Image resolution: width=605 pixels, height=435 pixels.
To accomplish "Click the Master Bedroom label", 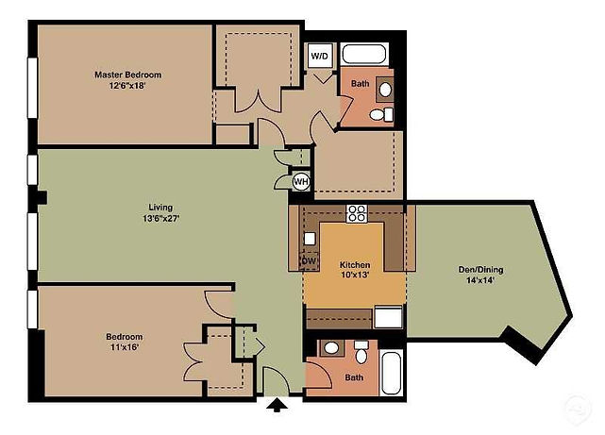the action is point(128,75).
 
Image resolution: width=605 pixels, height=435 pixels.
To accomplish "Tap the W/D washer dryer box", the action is point(320,56).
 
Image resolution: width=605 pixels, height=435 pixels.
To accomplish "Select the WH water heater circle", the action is point(301,181).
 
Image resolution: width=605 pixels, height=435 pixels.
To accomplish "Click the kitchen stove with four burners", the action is point(357,213).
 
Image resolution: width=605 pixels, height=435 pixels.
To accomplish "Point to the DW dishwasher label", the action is point(309,260).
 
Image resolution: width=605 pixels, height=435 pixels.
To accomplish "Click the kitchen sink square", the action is point(310,239).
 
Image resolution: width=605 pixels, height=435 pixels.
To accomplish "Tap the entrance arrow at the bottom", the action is point(277,406).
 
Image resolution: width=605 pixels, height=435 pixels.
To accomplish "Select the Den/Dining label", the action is point(480,269).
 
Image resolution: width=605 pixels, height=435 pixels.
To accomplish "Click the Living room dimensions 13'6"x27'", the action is point(161,219).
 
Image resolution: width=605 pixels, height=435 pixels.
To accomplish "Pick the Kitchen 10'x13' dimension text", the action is point(355,275).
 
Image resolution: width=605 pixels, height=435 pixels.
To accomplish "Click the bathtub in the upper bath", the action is point(364,55).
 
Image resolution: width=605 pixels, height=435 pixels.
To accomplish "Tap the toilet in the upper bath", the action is point(381,114).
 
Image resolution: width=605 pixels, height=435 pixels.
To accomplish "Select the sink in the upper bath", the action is point(385,90).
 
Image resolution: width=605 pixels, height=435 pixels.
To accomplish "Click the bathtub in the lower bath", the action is point(392,373).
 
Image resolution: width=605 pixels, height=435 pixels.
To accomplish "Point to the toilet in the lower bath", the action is point(361,352).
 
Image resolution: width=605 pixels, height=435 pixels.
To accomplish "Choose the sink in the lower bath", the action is point(331,348).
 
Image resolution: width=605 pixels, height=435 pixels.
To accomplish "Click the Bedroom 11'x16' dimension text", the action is point(125,347).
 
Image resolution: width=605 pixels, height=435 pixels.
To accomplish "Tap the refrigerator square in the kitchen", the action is point(388,317).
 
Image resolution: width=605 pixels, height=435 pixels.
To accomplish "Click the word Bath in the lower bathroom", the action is point(354,377).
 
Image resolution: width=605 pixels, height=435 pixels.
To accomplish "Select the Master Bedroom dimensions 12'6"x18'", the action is point(127,86).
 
